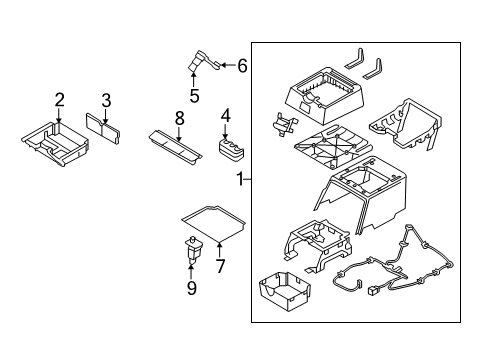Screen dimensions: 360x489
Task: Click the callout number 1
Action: (x=238, y=179)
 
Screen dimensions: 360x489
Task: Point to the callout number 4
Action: (x=226, y=115)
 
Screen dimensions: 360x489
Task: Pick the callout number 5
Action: (x=196, y=97)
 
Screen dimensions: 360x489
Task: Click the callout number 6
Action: (x=241, y=66)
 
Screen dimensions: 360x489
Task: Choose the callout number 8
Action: (x=180, y=117)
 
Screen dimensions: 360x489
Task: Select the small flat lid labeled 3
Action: (x=105, y=126)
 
